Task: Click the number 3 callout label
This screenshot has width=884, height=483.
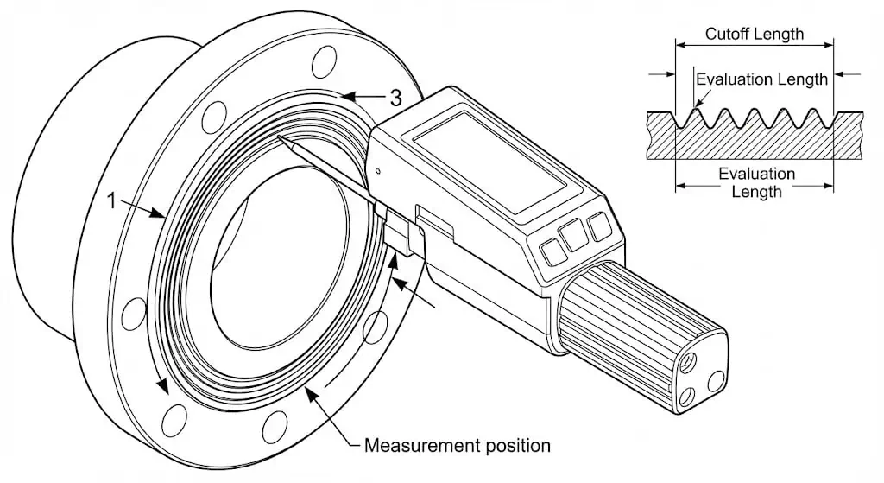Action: (x=395, y=98)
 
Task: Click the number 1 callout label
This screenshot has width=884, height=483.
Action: (x=110, y=200)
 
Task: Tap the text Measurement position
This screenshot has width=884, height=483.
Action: (x=457, y=446)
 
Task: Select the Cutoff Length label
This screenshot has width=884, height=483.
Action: (x=754, y=35)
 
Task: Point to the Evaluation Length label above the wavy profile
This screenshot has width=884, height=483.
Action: (x=761, y=79)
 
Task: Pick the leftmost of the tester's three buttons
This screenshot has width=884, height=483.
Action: (x=550, y=251)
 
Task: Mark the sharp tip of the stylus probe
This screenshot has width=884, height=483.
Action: (x=280, y=135)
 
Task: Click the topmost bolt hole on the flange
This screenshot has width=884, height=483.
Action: (x=323, y=60)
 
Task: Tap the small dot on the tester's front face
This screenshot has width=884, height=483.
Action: (x=378, y=171)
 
